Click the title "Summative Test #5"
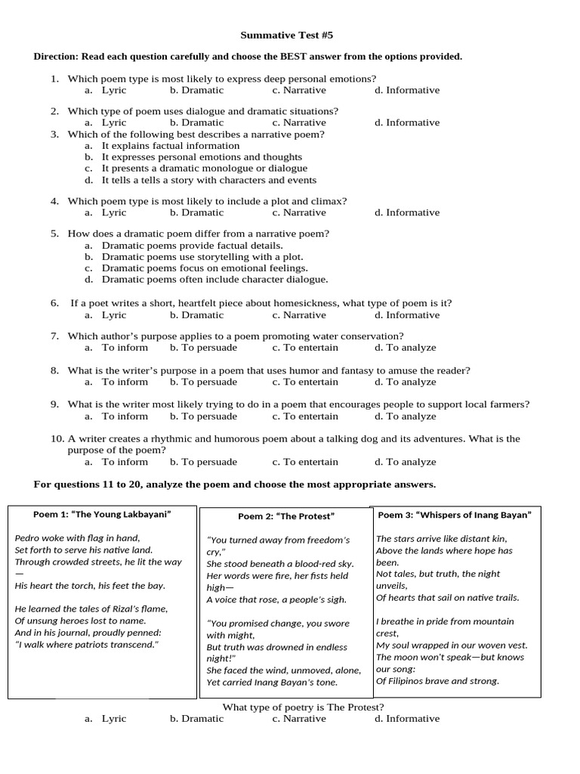pos(291,35)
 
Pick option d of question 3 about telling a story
pos(208,180)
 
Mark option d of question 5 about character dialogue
pos(214,279)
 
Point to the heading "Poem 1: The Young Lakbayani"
pos(102,514)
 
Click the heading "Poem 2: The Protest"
pos(285,516)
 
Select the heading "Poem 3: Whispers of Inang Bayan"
pos(455,515)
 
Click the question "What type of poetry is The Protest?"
pos(303,707)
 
